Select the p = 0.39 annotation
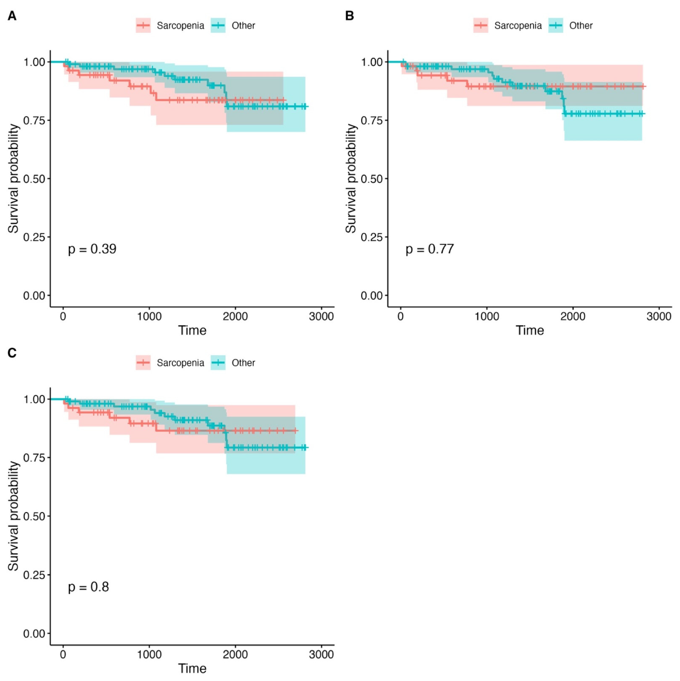92,249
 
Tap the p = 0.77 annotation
429,249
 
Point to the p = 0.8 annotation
89,587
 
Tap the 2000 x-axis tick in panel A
235,316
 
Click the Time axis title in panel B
530,331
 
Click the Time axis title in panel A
192,331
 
